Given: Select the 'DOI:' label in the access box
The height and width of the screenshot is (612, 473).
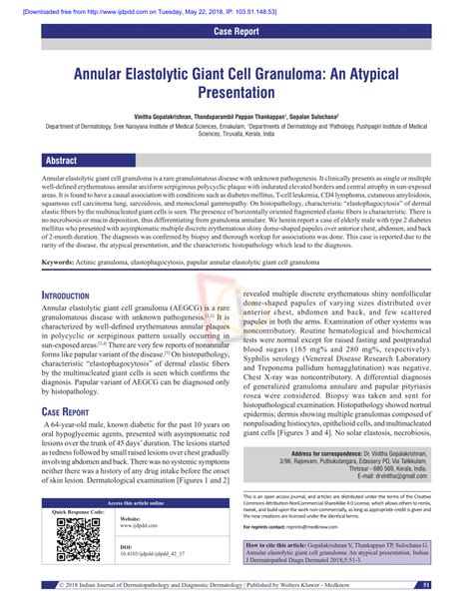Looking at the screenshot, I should pyautogui.click(x=126, y=547).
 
